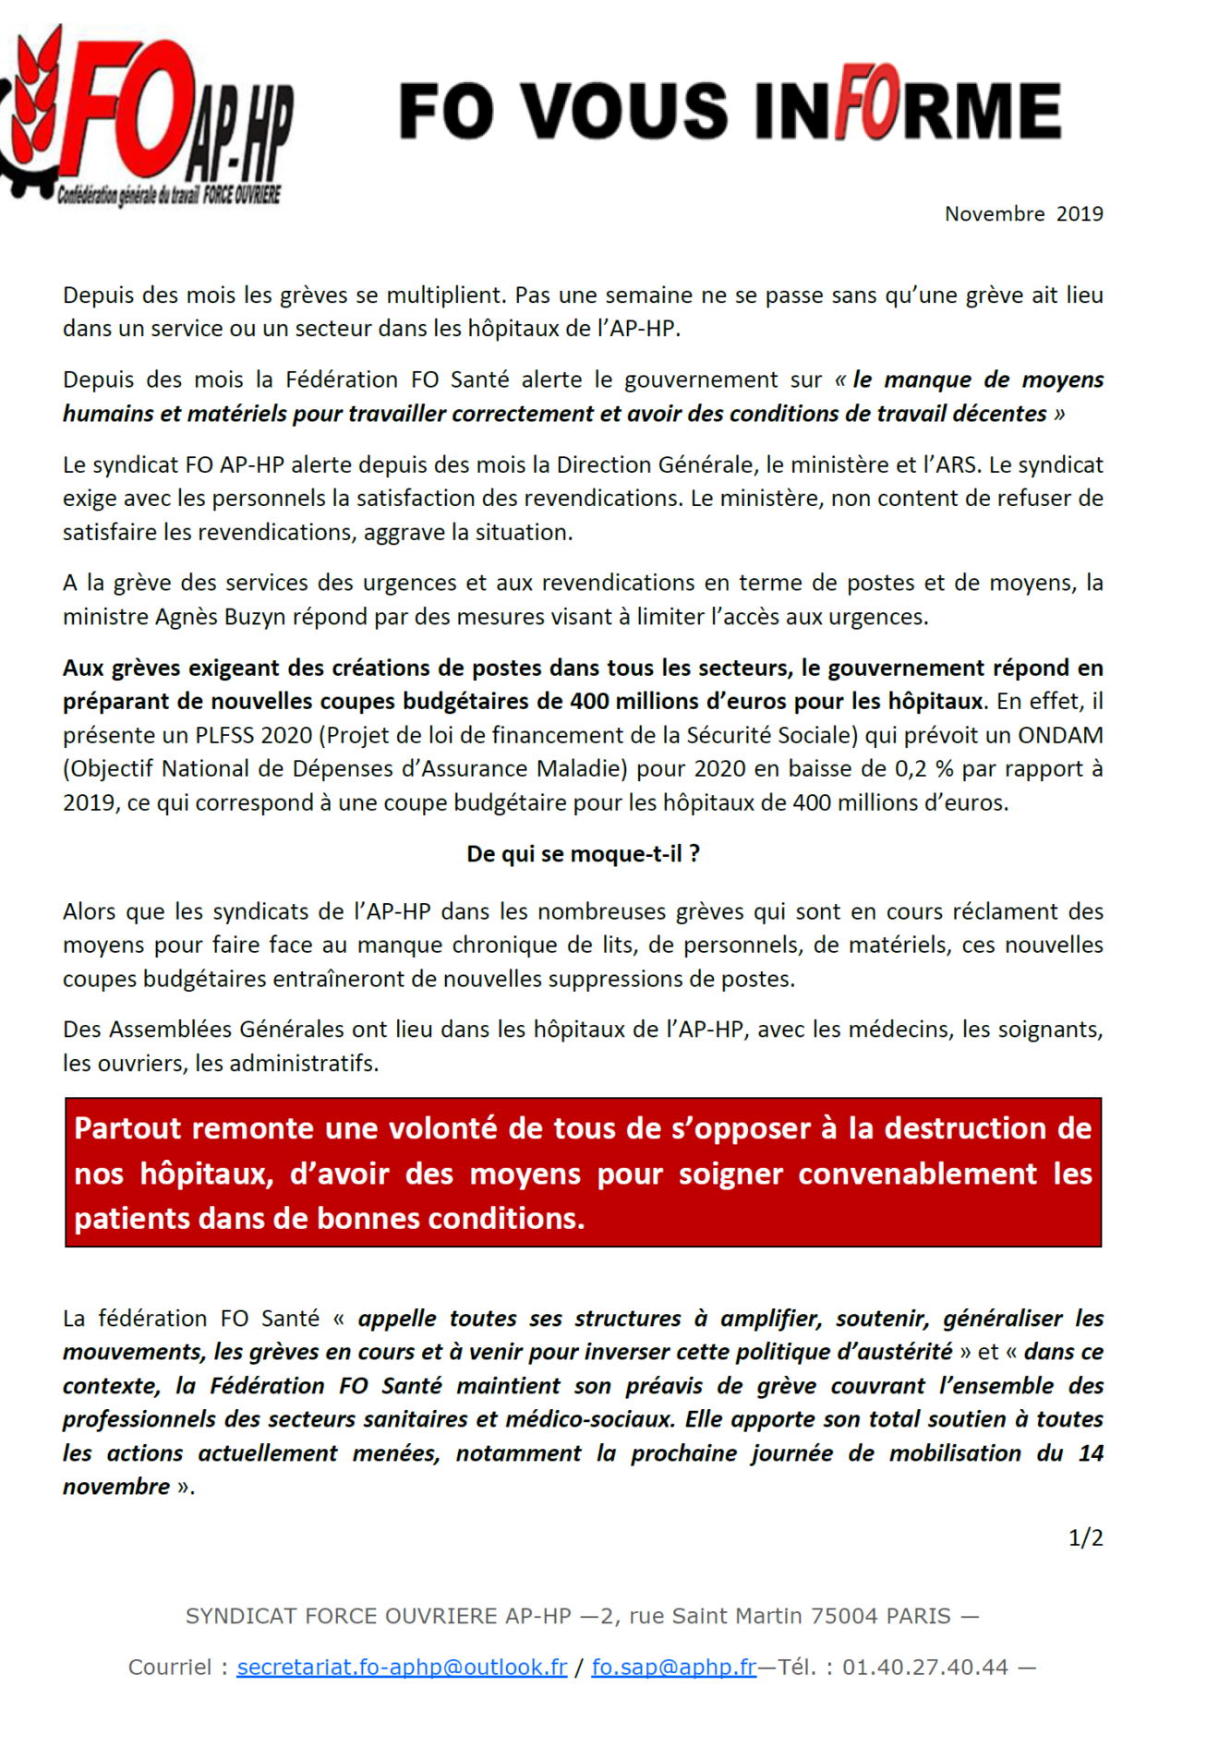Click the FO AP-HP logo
(x=148, y=115)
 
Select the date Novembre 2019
(x=1023, y=214)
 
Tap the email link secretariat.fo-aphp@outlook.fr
(x=402, y=1667)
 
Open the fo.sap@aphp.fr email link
(x=673, y=1667)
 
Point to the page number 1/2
(x=1085, y=1537)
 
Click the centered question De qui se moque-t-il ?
(x=583, y=854)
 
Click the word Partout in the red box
(x=128, y=1128)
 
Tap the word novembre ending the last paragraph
(x=116, y=1487)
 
